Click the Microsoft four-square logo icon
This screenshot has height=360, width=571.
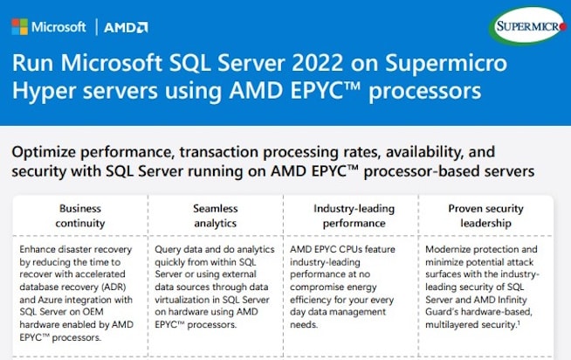click(x=20, y=27)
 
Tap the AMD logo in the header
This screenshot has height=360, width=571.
click(x=126, y=27)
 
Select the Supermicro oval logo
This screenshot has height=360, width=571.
click(x=528, y=25)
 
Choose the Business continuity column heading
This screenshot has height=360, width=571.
click(x=80, y=216)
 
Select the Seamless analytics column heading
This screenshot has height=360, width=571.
click(x=215, y=216)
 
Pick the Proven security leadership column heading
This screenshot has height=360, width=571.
click(x=485, y=216)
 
